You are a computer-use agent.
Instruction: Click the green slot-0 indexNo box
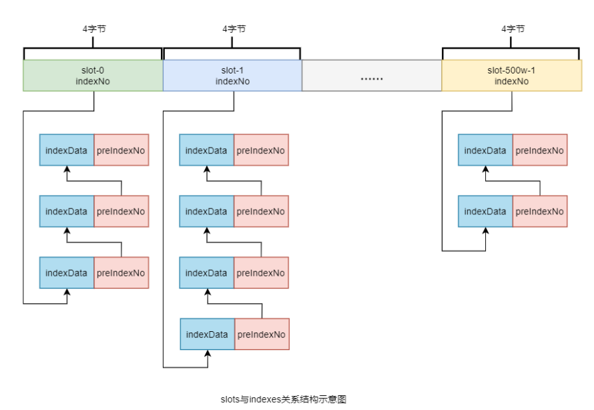point(93,76)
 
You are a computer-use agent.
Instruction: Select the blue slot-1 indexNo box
point(233,76)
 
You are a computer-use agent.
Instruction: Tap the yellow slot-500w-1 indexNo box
point(511,76)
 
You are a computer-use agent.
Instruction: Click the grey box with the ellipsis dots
point(372,76)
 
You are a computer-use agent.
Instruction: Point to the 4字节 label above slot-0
point(93,29)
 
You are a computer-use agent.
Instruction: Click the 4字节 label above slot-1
point(233,29)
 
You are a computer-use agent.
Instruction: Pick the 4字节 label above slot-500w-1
point(512,29)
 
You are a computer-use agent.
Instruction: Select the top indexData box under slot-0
point(66,150)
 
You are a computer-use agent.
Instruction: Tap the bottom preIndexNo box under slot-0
point(121,273)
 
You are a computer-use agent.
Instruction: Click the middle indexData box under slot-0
point(66,212)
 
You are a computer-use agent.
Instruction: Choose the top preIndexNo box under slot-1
point(260,150)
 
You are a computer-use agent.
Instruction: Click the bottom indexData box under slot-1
point(207,335)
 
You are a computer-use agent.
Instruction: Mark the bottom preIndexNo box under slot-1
point(261,335)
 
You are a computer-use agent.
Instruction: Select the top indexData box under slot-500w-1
point(485,150)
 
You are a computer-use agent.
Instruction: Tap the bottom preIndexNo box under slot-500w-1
point(540,212)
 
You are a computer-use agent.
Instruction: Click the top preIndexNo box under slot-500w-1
point(540,150)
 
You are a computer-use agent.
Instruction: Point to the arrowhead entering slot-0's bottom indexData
point(66,292)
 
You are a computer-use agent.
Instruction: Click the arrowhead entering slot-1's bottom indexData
point(207,354)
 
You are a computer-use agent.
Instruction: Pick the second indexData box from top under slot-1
point(206,212)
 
